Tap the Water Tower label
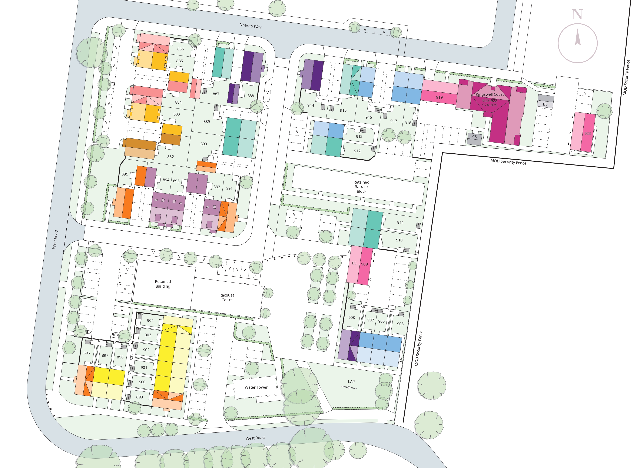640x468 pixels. (x=256, y=387)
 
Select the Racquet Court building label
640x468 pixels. (x=227, y=297)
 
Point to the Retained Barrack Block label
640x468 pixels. (x=361, y=187)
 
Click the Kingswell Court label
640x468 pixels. (x=490, y=94)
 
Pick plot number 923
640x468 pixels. (x=587, y=133)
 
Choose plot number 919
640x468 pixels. (x=439, y=97)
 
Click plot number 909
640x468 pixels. (x=364, y=264)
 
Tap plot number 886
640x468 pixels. (x=180, y=49)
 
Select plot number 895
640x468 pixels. (x=125, y=174)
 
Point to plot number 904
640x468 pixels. (x=150, y=320)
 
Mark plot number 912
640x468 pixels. (x=357, y=151)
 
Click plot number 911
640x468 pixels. (x=400, y=222)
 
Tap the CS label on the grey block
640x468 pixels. (x=474, y=137)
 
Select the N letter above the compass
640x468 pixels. (x=577, y=14)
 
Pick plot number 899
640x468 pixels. (x=139, y=397)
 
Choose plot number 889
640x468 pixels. (x=207, y=121)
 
